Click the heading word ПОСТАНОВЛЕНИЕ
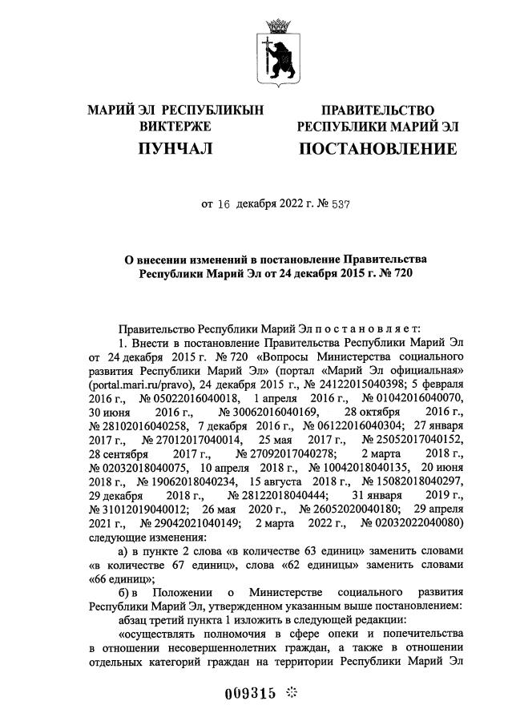click(x=377, y=149)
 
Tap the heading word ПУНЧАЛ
click(x=175, y=149)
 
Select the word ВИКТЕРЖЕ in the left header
click(x=175, y=127)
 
